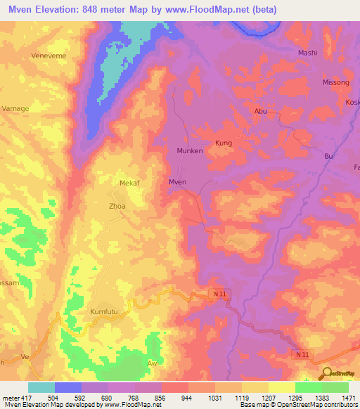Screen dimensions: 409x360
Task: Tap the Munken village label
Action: tap(189, 150)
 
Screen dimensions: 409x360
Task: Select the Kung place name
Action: tap(224, 143)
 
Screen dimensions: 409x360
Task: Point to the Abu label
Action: tap(260, 111)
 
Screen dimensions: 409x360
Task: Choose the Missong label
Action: tap(335, 82)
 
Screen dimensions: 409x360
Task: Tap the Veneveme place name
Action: tap(48, 54)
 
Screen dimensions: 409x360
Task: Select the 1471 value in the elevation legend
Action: tap(349, 398)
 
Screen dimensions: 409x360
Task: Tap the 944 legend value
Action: tap(187, 398)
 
